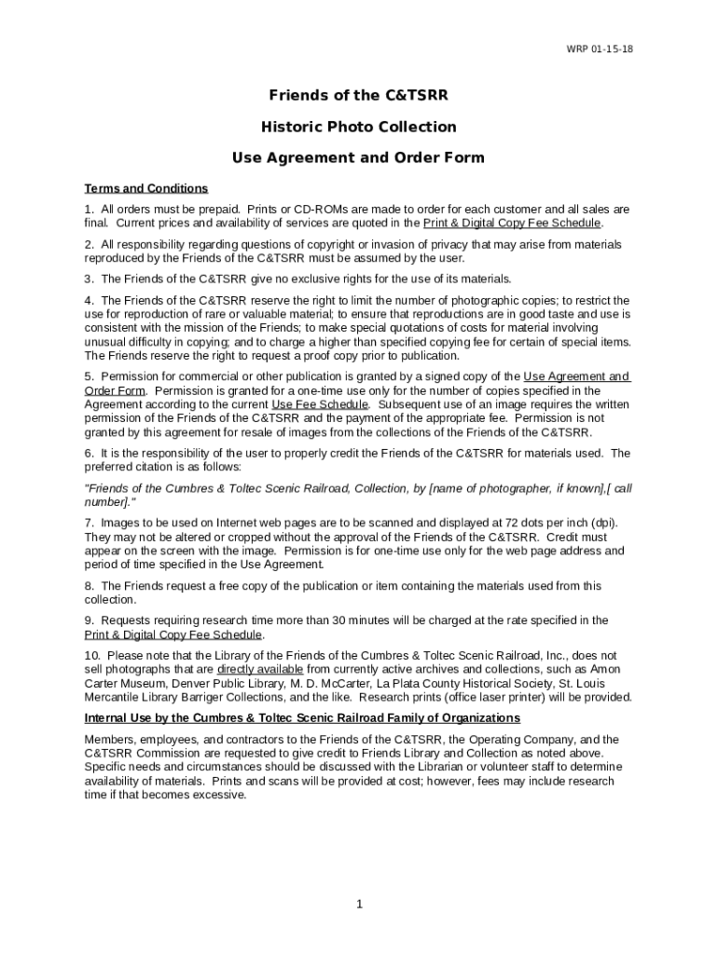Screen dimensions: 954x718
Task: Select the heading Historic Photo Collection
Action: pyautogui.click(x=358, y=127)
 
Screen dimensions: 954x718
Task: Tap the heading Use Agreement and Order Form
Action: pyautogui.click(x=358, y=157)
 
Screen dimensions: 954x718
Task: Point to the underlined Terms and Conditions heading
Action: pyautogui.click(x=146, y=188)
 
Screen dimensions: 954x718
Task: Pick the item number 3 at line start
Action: pyautogui.click(x=89, y=279)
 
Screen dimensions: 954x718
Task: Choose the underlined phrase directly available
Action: pyautogui.click(x=260, y=669)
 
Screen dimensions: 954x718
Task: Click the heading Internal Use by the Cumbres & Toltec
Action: pyautogui.click(x=302, y=717)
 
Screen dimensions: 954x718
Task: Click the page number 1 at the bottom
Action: pyautogui.click(x=359, y=904)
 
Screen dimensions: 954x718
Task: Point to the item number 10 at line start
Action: pyautogui.click(x=91, y=655)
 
